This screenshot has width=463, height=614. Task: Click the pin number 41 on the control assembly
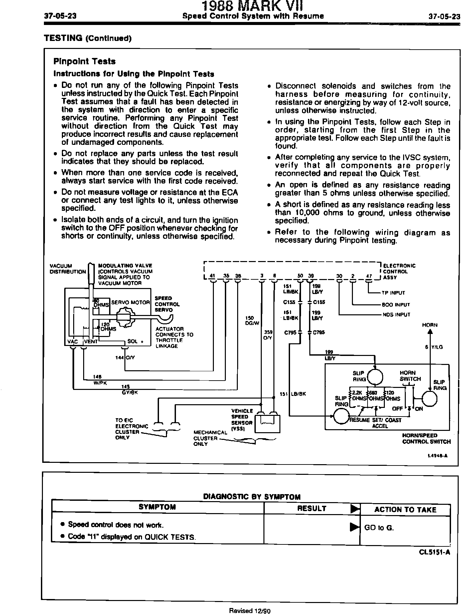point(213,275)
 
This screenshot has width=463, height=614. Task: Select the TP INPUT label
point(393,293)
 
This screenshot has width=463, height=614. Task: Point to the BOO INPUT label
point(396,304)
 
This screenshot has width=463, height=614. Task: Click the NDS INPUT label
point(396,314)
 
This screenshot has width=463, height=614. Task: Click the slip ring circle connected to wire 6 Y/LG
point(430,399)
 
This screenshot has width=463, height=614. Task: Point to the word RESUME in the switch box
point(360,420)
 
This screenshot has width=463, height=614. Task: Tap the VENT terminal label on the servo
point(91,341)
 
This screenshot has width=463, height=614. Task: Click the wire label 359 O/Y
point(268,335)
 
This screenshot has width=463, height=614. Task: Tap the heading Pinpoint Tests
point(84,61)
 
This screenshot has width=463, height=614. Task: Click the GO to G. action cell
point(379,527)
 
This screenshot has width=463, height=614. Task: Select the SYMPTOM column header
point(157,507)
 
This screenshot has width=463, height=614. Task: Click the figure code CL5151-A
point(434,552)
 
